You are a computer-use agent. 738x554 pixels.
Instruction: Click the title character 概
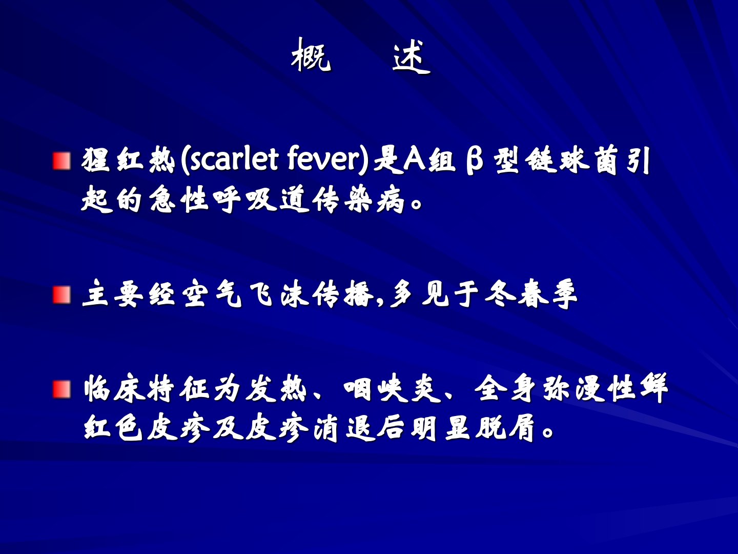[x=311, y=55]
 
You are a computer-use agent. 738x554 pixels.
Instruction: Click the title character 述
[x=412, y=56]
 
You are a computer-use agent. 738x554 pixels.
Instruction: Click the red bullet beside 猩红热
[x=61, y=161]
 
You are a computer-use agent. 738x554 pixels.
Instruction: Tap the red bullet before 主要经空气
[x=61, y=295]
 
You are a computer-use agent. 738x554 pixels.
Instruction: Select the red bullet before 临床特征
[x=61, y=389]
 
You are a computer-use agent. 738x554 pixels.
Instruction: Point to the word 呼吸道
[x=261, y=200]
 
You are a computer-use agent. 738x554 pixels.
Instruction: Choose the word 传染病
[x=358, y=200]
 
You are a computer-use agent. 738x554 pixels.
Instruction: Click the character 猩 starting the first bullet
[x=95, y=161]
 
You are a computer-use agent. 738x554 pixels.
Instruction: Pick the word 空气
[x=212, y=294]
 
